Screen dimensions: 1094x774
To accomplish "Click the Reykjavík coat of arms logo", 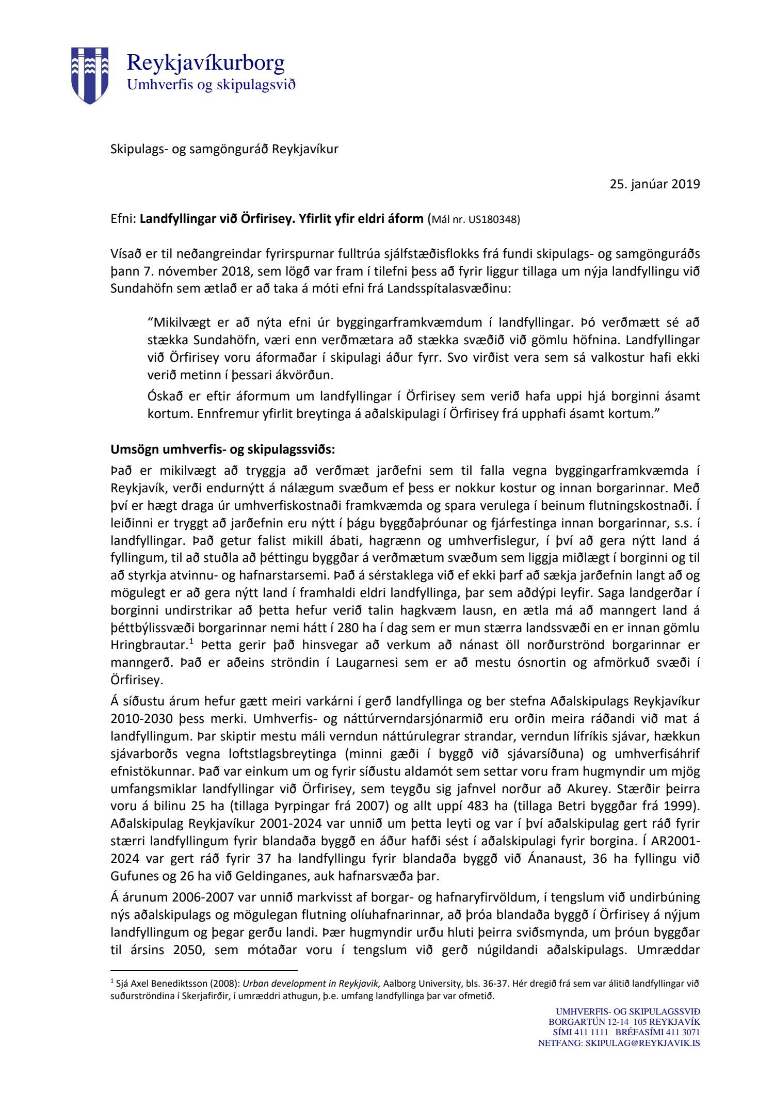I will click(x=90, y=75).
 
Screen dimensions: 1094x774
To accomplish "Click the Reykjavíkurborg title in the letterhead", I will click(x=205, y=63).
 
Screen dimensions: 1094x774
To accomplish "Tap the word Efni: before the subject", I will click(x=123, y=219).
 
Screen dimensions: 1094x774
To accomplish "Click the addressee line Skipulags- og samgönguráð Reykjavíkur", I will click(x=224, y=150).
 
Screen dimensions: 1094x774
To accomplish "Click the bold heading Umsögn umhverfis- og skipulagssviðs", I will click(x=222, y=449).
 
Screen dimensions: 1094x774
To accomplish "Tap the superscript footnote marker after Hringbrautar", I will click(x=190, y=642).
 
